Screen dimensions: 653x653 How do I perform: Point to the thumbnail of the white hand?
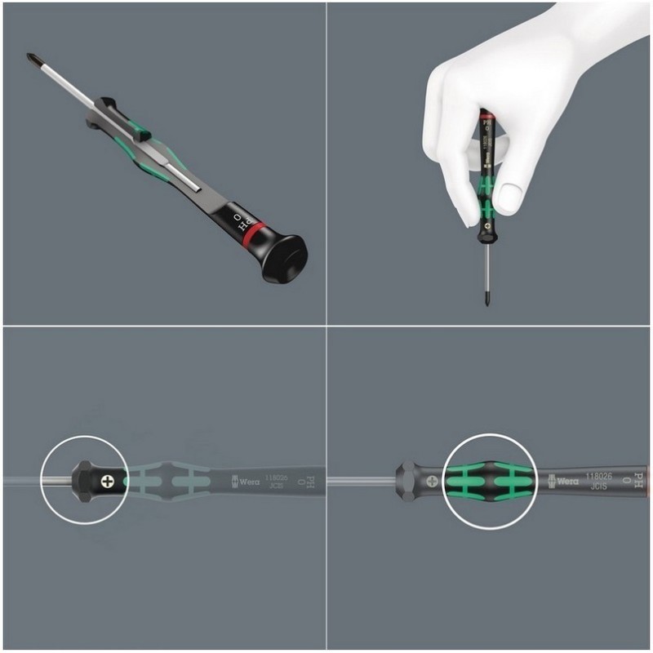[509, 197]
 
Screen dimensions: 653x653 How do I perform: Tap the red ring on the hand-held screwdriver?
[486, 118]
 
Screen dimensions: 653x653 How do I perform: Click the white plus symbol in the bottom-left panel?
[105, 482]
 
